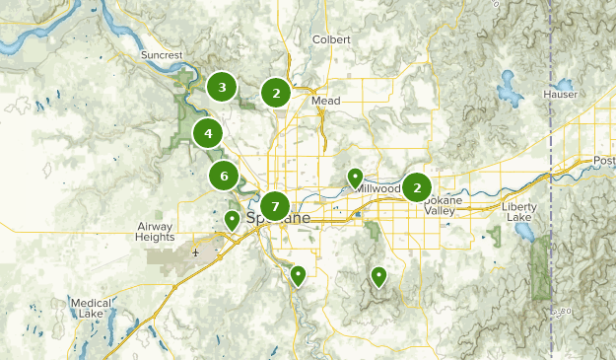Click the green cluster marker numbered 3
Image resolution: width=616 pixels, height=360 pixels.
(x=222, y=88)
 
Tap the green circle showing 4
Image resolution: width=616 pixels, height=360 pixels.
(x=208, y=132)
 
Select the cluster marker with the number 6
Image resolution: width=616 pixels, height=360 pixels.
(x=224, y=177)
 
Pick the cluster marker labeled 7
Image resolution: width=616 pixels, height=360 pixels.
(x=275, y=206)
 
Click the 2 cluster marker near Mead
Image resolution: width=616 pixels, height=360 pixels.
(x=276, y=94)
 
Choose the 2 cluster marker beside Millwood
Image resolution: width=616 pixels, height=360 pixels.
(x=417, y=186)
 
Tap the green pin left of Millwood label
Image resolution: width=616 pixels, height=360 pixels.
(x=356, y=178)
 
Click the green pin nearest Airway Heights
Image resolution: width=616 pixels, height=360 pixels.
(x=232, y=220)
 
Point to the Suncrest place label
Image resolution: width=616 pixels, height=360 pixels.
(x=163, y=55)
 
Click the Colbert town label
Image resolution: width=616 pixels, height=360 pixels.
(x=330, y=39)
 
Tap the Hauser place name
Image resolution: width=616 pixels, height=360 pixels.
(x=560, y=94)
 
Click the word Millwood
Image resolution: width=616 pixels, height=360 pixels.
(x=379, y=188)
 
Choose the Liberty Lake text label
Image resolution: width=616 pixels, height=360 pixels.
(x=521, y=213)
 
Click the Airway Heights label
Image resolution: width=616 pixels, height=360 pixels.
(x=155, y=232)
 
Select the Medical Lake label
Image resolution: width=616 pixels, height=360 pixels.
(x=90, y=309)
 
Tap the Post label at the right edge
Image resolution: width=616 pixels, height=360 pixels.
(x=603, y=160)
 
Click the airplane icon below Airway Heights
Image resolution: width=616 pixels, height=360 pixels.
(x=196, y=252)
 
